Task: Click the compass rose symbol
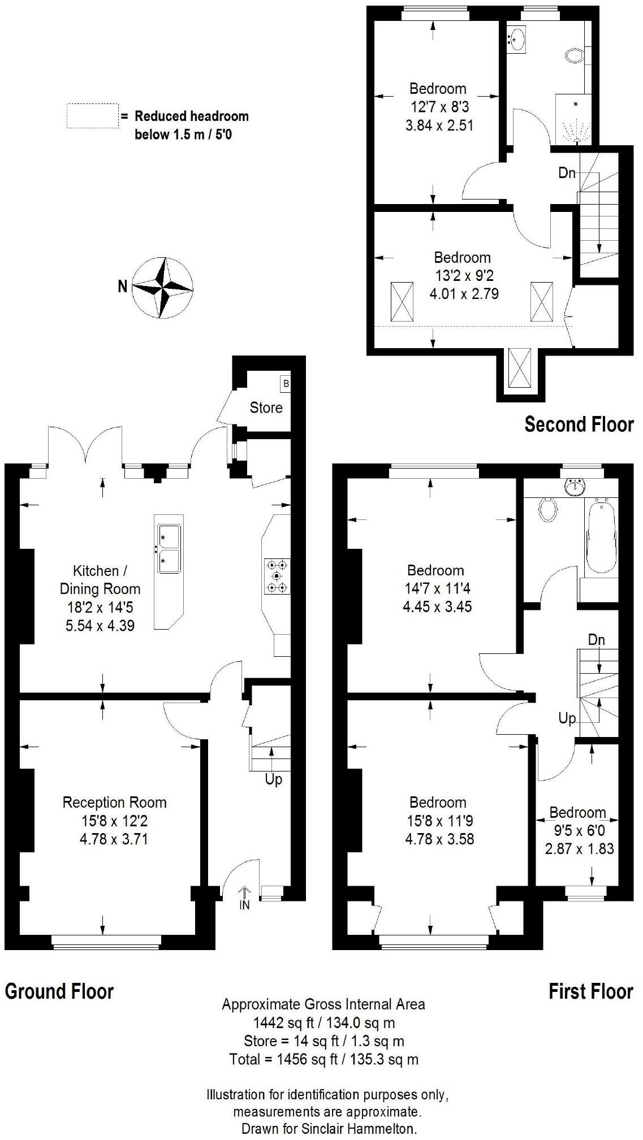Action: pyautogui.click(x=162, y=287)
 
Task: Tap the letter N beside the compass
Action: pyautogui.click(x=122, y=287)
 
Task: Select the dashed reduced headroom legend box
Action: pyautogui.click(x=92, y=116)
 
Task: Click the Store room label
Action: pyautogui.click(x=266, y=408)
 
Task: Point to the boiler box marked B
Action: pyautogui.click(x=286, y=384)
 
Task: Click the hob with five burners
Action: pyautogui.click(x=277, y=576)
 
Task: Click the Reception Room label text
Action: pyautogui.click(x=114, y=802)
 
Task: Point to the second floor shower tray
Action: pyautogui.click(x=574, y=120)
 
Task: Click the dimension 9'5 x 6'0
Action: pyautogui.click(x=577, y=831)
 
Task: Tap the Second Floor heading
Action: pyautogui.click(x=579, y=424)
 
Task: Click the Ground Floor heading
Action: pyautogui.click(x=59, y=991)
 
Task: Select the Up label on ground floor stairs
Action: pyautogui.click(x=273, y=779)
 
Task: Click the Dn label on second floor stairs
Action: pyautogui.click(x=566, y=173)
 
